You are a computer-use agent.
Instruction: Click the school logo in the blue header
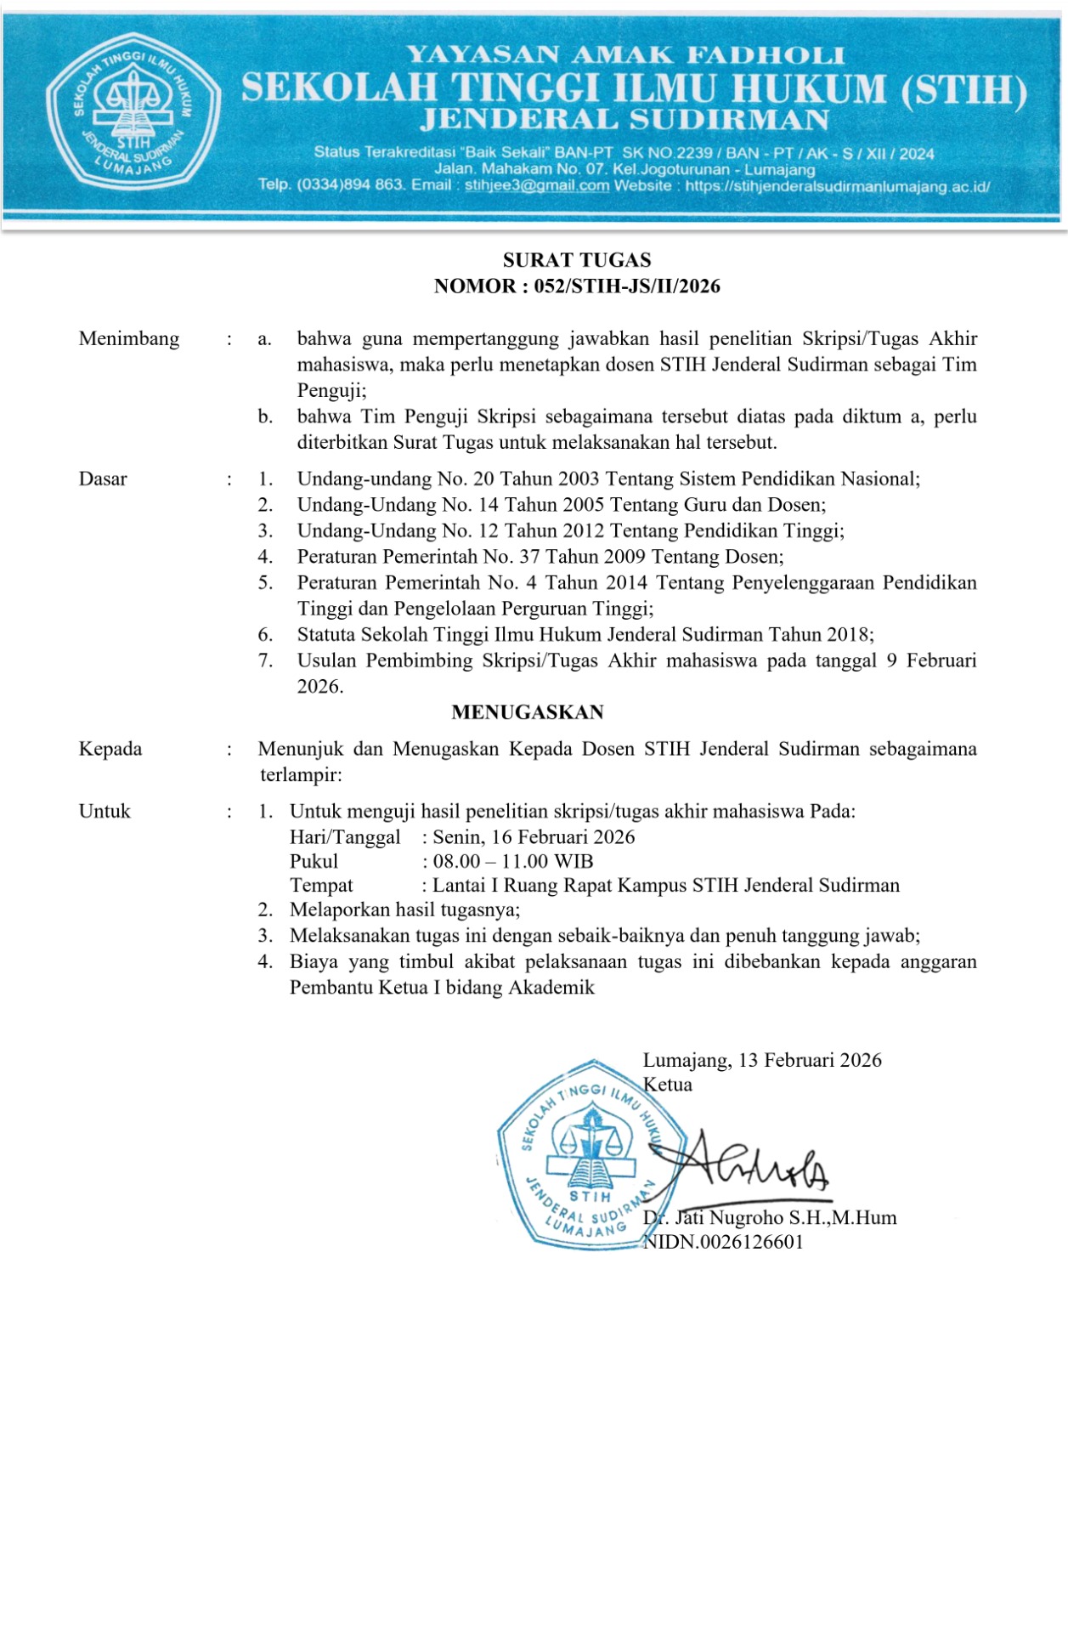(x=133, y=110)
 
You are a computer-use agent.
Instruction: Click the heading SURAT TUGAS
(x=577, y=260)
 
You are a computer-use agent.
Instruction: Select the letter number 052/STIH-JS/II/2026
(x=627, y=286)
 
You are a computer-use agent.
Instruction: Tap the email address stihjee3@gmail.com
(x=536, y=185)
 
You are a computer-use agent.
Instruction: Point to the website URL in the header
(x=837, y=186)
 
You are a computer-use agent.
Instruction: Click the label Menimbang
(x=129, y=339)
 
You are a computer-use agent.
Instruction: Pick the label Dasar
(x=103, y=479)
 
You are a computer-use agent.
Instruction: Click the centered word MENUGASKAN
(x=528, y=712)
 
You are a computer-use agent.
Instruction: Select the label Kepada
(x=110, y=750)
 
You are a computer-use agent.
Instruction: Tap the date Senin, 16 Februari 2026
(x=534, y=837)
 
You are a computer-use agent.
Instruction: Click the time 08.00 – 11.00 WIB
(x=513, y=862)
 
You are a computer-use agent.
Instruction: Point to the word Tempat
(x=321, y=886)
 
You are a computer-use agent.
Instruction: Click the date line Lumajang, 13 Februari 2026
(x=762, y=1061)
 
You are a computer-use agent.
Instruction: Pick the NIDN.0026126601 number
(x=723, y=1242)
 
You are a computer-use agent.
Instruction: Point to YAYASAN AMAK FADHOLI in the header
(x=625, y=56)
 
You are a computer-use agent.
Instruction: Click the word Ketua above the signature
(x=668, y=1085)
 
